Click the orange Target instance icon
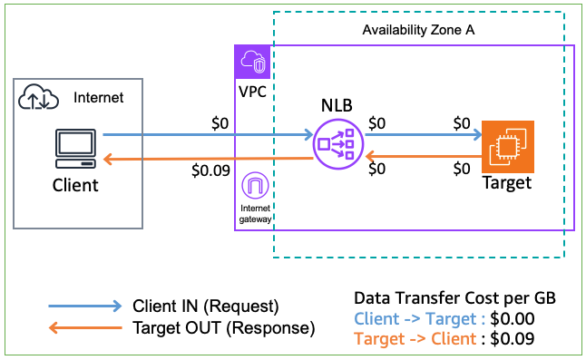[508, 145]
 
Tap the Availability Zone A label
[419, 30]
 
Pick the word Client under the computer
[73, 185]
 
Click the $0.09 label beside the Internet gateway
[209, 169]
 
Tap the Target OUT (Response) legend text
[223, 327]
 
